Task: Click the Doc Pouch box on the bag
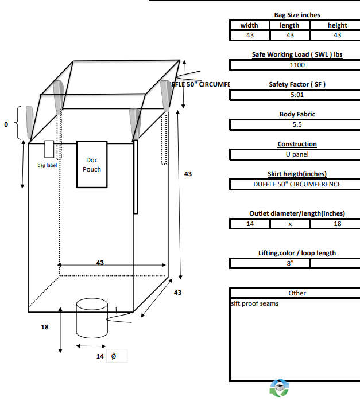pos(92,165)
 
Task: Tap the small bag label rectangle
pos(49,149)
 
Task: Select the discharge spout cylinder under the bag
pos(92,318)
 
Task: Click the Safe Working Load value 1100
pos(297,65)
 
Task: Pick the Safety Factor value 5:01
pos(297,95)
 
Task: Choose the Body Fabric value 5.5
pos(297,124)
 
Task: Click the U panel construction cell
pos(297,154)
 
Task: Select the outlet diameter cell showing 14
pos(250,224)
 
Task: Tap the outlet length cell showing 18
pos(337,224)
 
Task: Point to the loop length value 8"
pos(290,263)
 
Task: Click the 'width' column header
pos(249,25)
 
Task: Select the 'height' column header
pos(337,25)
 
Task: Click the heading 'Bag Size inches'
pos(297,15)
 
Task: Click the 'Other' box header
pos(297,293)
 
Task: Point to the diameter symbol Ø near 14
pos(113,356)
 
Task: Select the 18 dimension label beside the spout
pos(45,327)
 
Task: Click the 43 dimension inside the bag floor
pos(100,262)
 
